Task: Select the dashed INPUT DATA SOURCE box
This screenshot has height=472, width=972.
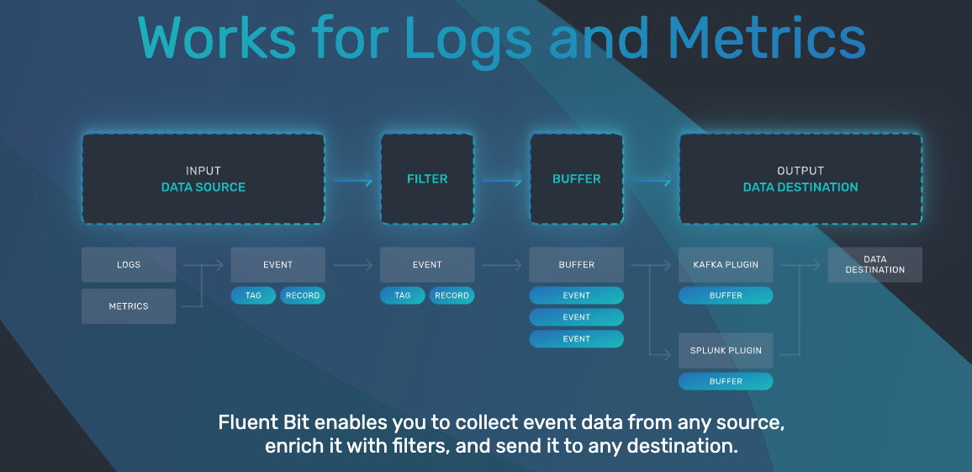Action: coord(203,178)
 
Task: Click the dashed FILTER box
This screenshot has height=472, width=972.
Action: coord(427,178)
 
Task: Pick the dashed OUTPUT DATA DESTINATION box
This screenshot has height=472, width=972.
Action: coord(800,178)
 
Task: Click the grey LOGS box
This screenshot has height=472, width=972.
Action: coord(129,264)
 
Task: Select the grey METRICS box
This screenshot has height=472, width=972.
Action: coord(129,306)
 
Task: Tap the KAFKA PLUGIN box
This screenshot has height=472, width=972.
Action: coord(726,264)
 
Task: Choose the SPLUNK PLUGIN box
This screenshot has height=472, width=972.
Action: coord(726,350)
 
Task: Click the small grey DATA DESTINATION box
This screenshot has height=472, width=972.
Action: coord(874,264)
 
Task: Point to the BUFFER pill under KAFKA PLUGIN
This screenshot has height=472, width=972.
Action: coord(726,295)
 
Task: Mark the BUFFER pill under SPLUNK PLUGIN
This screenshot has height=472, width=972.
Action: coord(726,381)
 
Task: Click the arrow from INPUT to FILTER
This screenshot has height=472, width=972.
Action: coord(352,179)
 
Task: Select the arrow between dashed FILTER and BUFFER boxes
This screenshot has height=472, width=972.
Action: coord(501,179)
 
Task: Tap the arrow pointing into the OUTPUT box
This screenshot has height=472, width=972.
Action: coord(651,179)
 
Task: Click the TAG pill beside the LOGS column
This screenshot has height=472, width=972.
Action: coord(253,295)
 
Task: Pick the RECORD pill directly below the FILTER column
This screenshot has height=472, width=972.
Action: coord(452,295)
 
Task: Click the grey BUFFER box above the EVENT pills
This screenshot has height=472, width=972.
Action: coord(576,264)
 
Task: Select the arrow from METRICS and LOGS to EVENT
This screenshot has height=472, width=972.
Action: coord(210,265)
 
